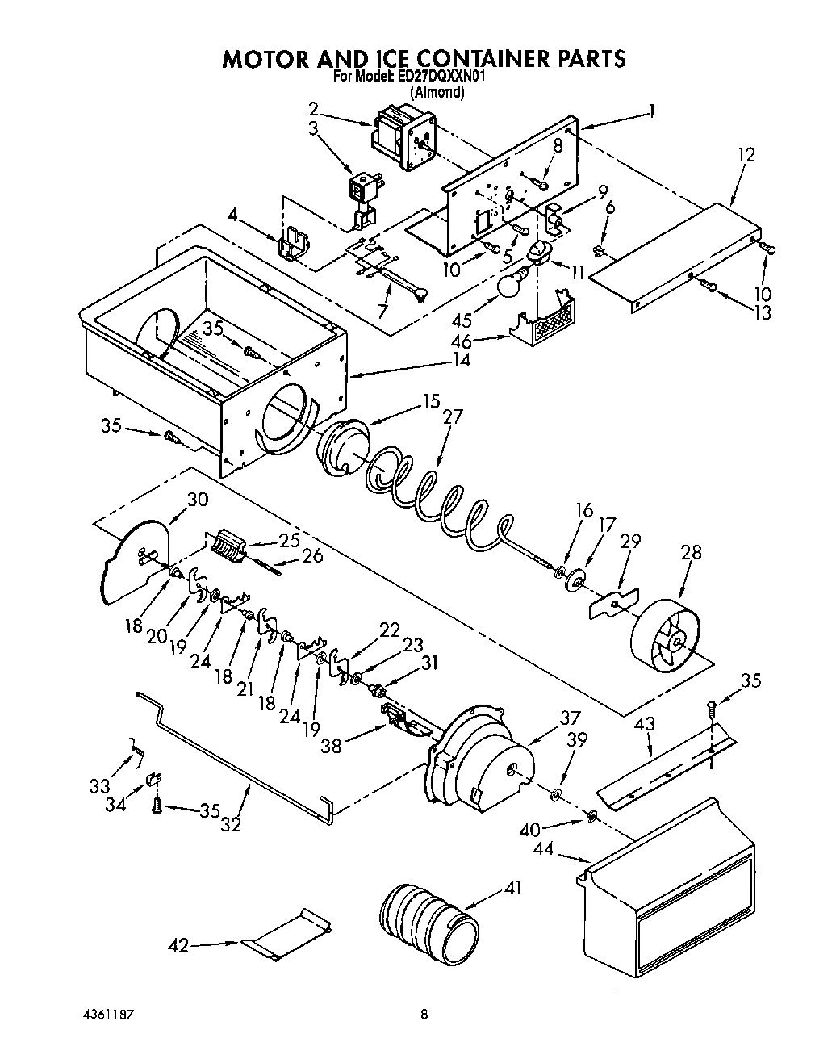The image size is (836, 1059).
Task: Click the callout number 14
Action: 460,361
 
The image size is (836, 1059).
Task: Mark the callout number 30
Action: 197,500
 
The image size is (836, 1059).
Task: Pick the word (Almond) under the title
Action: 437,93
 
